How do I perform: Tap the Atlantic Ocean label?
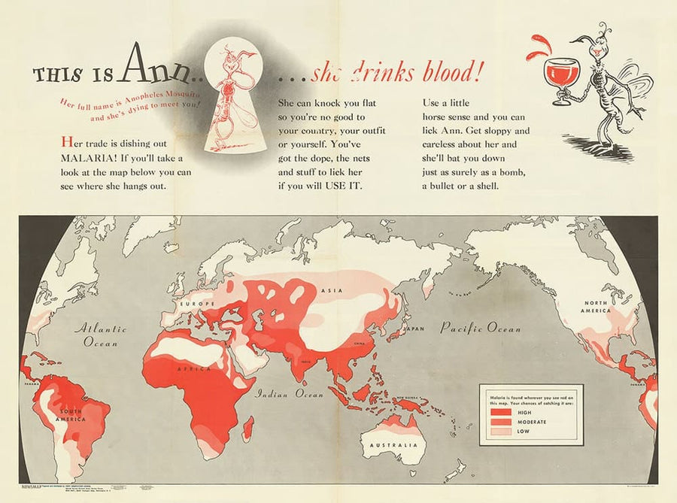(100, 335)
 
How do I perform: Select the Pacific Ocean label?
(480, 329)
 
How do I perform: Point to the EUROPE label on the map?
(193, 303)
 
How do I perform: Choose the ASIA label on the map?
(329, 289)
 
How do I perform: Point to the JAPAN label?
(414, 329)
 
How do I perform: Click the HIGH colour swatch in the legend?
(501, 413)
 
